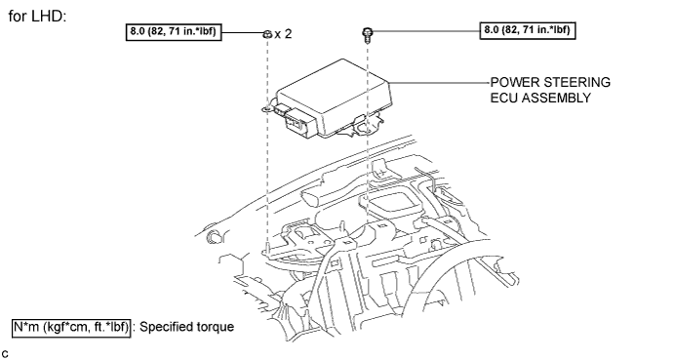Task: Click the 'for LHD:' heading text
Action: point(37,17)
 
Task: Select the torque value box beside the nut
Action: point(174,32)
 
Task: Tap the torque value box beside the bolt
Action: point(528,30)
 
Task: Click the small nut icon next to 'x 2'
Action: point(267,34)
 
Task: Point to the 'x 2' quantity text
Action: point(283,34)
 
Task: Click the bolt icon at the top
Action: point(368,35)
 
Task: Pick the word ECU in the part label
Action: point(504,98)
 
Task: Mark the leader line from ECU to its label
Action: point(440,83)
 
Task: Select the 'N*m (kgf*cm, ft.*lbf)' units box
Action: point(71,327)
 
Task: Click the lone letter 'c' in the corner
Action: point(5,353)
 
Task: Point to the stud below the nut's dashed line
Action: point(268,248)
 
